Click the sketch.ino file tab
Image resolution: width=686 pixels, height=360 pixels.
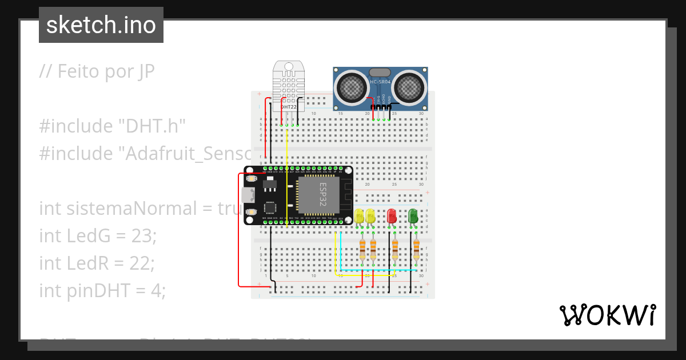click(101, 25)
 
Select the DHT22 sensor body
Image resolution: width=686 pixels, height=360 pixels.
click(289, 86)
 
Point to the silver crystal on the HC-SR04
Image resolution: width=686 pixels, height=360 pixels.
click(380, 73)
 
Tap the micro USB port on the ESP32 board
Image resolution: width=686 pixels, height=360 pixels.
click(248, 195)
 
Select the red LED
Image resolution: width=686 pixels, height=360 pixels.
click(392, 217)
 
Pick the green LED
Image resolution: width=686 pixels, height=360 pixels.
click(413, 217)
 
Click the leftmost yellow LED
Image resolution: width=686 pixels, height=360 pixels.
click(359, 217)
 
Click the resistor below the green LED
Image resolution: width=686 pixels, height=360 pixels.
click(416, 250)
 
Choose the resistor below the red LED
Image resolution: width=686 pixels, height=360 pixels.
click(394, 250)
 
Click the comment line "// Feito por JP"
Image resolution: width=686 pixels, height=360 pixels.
click(97, 71)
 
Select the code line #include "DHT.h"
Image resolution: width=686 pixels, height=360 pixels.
click(113, 126)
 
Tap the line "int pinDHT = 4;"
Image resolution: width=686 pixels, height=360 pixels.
click(102, 290)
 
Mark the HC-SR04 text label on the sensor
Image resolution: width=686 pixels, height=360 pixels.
click(381, 82)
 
